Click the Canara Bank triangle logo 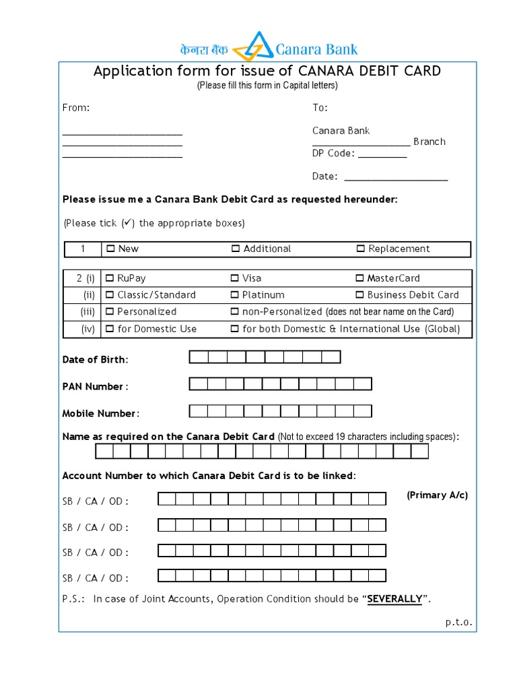253,46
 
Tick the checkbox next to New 110,249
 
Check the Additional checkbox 236,249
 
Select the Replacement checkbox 360,249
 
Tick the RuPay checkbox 110,278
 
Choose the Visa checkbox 235,278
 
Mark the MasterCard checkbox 359,278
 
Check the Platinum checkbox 235,295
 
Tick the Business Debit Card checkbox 359,295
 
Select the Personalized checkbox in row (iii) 110,312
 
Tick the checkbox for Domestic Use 110,329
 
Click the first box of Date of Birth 199,357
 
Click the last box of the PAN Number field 363,384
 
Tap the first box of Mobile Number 199,411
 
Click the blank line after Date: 396,177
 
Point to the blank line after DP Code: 382,154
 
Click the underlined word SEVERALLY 394,599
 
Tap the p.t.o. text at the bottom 458,623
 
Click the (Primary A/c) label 437,495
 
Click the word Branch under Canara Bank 429,142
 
